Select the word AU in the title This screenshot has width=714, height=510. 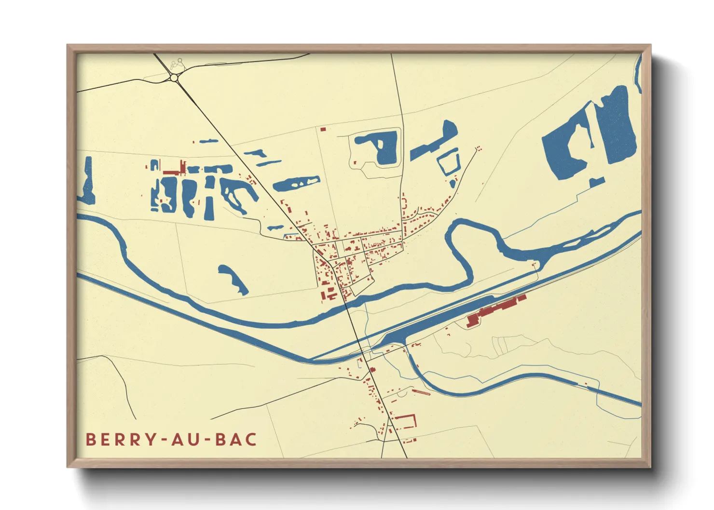(x=185, y=439)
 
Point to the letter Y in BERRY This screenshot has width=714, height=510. (x=151, y=439)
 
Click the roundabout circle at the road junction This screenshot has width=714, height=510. (x=175, y=77)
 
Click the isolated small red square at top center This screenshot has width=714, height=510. (x=323, y=129)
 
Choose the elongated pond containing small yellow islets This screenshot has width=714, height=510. (x=296, y=183)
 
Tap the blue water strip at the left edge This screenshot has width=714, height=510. (x=87, y=180)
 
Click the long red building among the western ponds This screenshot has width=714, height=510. (x=175, y=171)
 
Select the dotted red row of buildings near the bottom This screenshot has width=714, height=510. (x=421, y=392)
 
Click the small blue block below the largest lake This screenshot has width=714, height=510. (x=597, y=182)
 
